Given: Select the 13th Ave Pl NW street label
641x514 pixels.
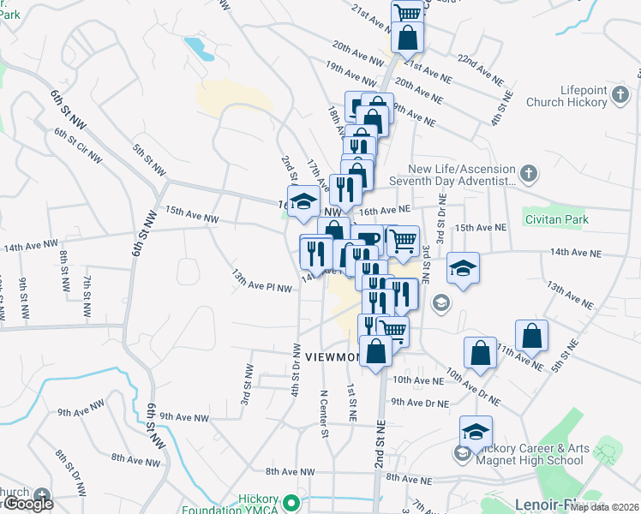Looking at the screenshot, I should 262,280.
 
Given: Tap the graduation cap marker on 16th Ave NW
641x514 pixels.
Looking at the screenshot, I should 302,202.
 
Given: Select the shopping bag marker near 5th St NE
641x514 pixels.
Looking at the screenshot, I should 531,335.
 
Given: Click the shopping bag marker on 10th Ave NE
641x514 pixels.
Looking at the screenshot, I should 480,351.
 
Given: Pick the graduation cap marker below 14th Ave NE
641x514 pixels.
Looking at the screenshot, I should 463,269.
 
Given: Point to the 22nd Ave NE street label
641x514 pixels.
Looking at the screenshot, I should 480,68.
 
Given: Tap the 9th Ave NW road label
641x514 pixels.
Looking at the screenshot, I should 183,417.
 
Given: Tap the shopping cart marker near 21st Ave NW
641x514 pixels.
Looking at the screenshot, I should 408,12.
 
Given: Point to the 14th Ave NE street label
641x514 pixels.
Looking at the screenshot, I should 577,254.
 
